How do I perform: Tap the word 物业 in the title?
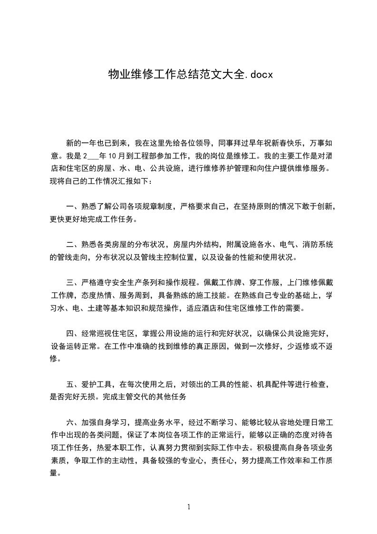(116, 75)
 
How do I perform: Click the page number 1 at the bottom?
(189, 506)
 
